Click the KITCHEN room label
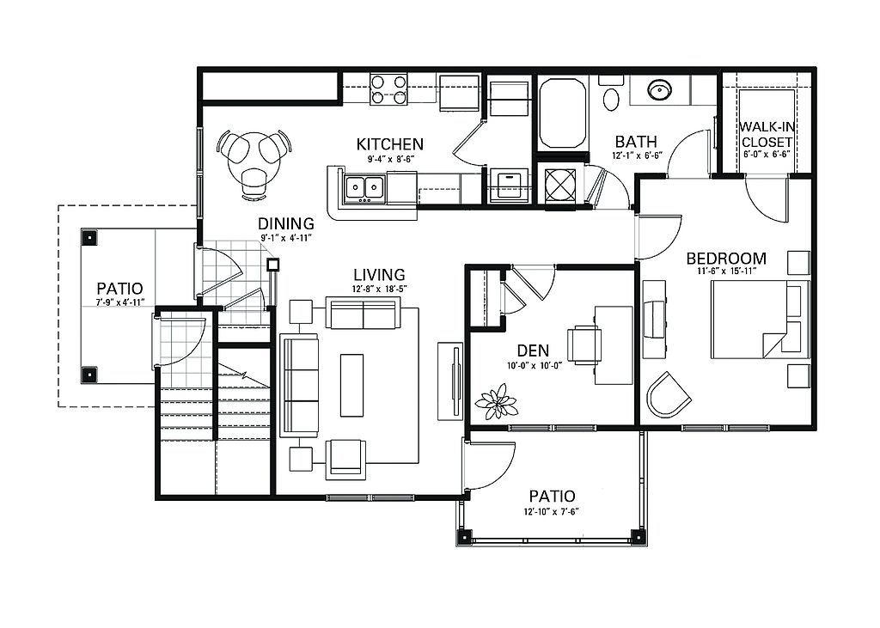click(389, 144)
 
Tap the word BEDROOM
click(726, 259)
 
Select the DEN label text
click(533, 351)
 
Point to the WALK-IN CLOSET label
click(767, 135)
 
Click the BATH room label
click(635, 142)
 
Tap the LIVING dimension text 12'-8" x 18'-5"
click(379, 290)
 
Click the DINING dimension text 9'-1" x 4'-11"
click(285, 238)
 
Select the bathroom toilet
click(611, 95)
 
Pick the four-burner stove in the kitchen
click(388, 90)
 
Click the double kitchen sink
click(364, 187)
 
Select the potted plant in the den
click(495, 402)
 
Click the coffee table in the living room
click(351, 385)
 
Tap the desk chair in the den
click(584, 344)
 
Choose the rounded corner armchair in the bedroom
click(668, 395)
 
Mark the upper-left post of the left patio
click(89, 237)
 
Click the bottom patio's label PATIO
click(553, 496)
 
